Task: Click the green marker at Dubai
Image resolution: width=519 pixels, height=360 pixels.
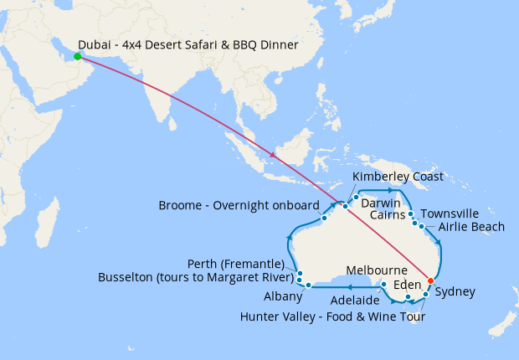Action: pyautogui.click(x=77, y=57)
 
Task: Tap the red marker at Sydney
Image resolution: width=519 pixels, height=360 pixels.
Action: pyautogui.click(x=430, y=280)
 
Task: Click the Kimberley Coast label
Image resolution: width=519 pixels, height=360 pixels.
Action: pyautogui.click(x=398, y=177)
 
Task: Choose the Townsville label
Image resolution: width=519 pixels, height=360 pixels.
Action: pyautogui.click(x=450, y=213)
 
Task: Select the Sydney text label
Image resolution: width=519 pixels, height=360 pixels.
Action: pyautogui.click(x=455, y=292)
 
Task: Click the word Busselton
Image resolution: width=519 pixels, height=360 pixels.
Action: pyautogui.click(x=127, y=276)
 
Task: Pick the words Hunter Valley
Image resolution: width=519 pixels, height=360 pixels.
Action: pyautogui.click(x=280, y=317)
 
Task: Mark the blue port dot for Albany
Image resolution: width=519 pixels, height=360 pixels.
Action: pyautogui.click(x=309, y=285)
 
